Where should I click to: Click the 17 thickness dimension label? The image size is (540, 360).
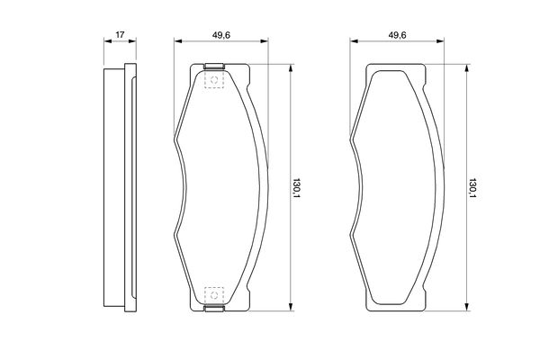pyautogui.click(x=120, y=34)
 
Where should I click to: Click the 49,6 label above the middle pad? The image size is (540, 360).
pyautogui.click(x=221, y=35)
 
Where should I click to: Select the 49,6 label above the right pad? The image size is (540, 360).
pyautogui.click(x=398, y=35)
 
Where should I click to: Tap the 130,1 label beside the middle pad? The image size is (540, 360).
pyautogui.click(x=296, y=188)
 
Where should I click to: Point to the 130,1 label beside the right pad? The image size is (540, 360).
pyautogui.click(x=472, y=188)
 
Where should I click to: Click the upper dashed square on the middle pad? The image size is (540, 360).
pyautogui.click(x=214, y=80)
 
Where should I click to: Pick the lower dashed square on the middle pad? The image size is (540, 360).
pyautogui.click(x=214, y=295)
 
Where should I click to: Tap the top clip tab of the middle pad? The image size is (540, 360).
pyautogui.click(x=214, y=66)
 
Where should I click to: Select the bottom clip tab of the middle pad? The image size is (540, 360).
pyautogui.click(x=214, y=309)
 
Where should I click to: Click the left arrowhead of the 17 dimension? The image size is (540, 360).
pyautogui.click(x=108, y=41)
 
